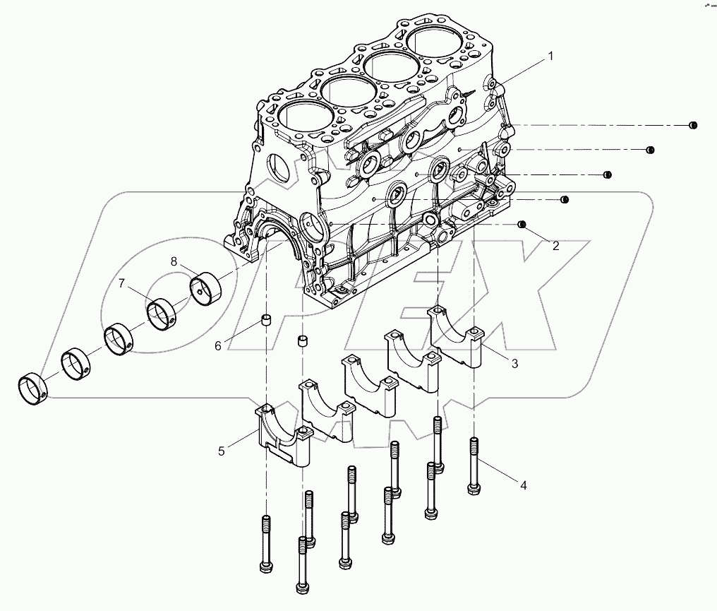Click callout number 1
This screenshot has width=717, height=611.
pyautogui.click(x=551, y=55)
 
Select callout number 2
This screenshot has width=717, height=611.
pyautogui.click(x=555, y=246)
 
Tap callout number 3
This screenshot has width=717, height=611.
pyautogui.click(x=514, y=364)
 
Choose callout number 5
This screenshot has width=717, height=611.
pyautogui.click(x=221, y=450)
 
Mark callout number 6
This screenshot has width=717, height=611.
pyautogui.click(x=218, y=345)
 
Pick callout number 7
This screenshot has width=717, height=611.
pyautogui.click(x=121, y=284)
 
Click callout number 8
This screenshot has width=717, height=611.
pyautogui.click(x=174, y=261)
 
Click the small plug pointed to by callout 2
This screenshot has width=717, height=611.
pyautogui.click(x=522, y=225)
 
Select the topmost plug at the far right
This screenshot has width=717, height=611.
pyautogui.click(x=693, y=126)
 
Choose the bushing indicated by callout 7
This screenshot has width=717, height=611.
pyautogui.click(x=164, y=313)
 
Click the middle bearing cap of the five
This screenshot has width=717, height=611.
pyautogui.click(x=368, y=385)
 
